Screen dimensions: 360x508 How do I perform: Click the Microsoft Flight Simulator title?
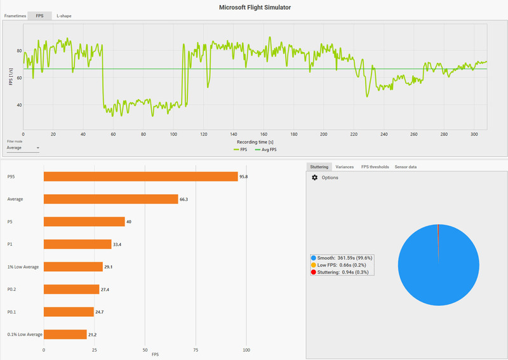pyautogui.click(x=254, y=7)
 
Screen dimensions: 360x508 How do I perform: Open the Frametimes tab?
pyautogui.click(x=15, y=15)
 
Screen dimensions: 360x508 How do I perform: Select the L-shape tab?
pyautogui.click(x=63, y=15)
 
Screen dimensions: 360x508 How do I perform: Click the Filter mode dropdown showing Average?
pyautogui.click(x=23, y=148)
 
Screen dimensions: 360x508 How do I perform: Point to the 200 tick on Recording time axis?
pyautogui.click(x=324, y=135)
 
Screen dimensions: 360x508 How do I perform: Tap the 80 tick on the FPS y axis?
pyautogui.click(x=19, y=51)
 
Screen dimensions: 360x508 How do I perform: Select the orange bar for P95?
pyautogui.click(x=140, y=177)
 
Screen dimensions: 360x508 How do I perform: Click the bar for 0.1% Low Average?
pyautogui.click(x=65, y=334)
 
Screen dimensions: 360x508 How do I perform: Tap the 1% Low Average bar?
pyautogui.click(x=73, y=267)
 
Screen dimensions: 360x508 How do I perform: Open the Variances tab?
pyautogui.click(x=344, y=167)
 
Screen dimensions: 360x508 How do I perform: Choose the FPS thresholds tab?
pyautogui.click(x=375, y=167)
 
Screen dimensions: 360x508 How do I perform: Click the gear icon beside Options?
pyautogui.click(x=314, y=178)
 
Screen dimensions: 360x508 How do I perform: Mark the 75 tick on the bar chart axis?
pyautogui.click(x=196, y=350)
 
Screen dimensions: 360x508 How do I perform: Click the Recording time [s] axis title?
pyautogui.click(x=255, y=142)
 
